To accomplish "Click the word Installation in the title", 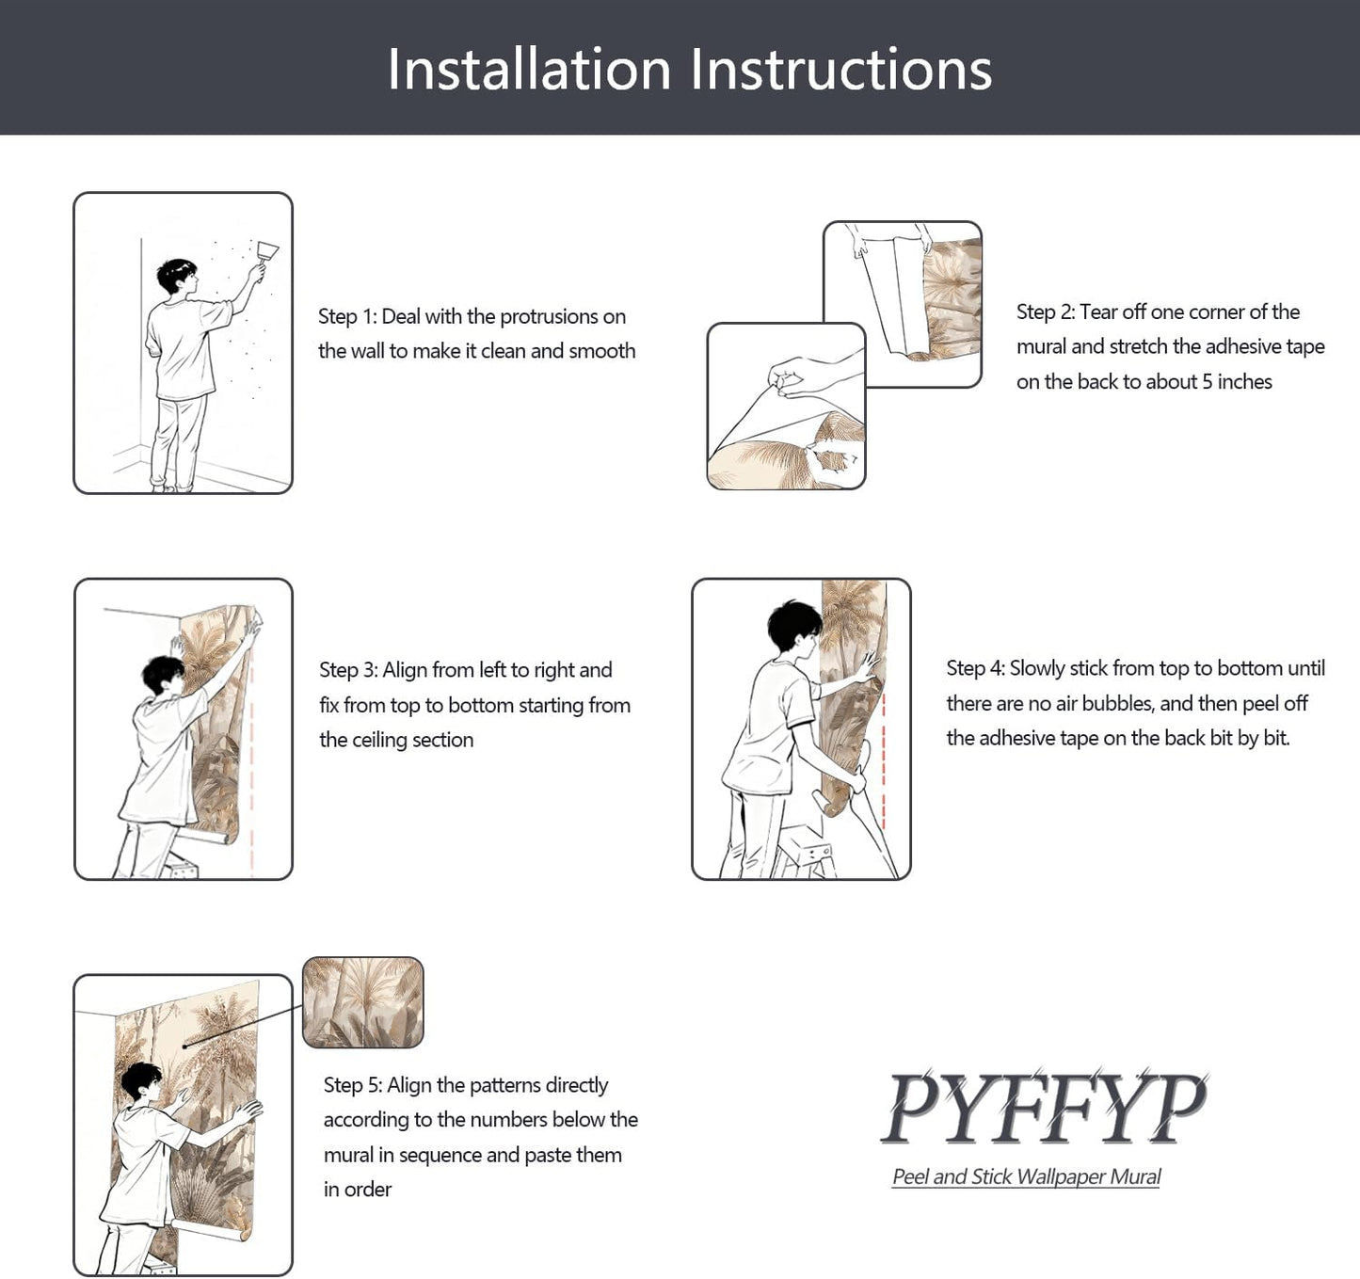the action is tap(529, 69).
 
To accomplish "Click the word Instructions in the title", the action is tap(840, 69).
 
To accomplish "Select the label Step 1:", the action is tap(347, 316).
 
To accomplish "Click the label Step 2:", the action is tap(1046, 312).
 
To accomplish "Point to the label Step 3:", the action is tap(348, 670).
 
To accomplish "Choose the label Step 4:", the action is tap(976, 668).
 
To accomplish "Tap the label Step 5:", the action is tap(353, 1085).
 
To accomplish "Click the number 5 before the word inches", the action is tap(1208, 381).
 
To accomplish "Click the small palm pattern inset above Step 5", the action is tap(363, 1002).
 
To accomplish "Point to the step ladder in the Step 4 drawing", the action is tap(805, 852).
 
